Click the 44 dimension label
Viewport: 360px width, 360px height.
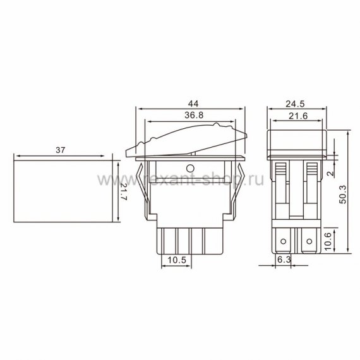coord(193,104)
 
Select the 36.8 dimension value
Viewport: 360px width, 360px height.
coord(194,115)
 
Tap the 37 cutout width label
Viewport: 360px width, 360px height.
coord(61,150)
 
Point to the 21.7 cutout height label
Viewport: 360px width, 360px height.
coord(123,192)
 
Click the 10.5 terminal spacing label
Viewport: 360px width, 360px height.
coord(177,260)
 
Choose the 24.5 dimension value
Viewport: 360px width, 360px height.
coord(295,104)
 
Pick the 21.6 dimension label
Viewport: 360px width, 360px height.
coord(298,116)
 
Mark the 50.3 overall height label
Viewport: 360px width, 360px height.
coord(343,195)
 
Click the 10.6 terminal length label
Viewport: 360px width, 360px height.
coord(328,241)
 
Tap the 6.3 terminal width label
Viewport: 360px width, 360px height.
coord(284,260)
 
